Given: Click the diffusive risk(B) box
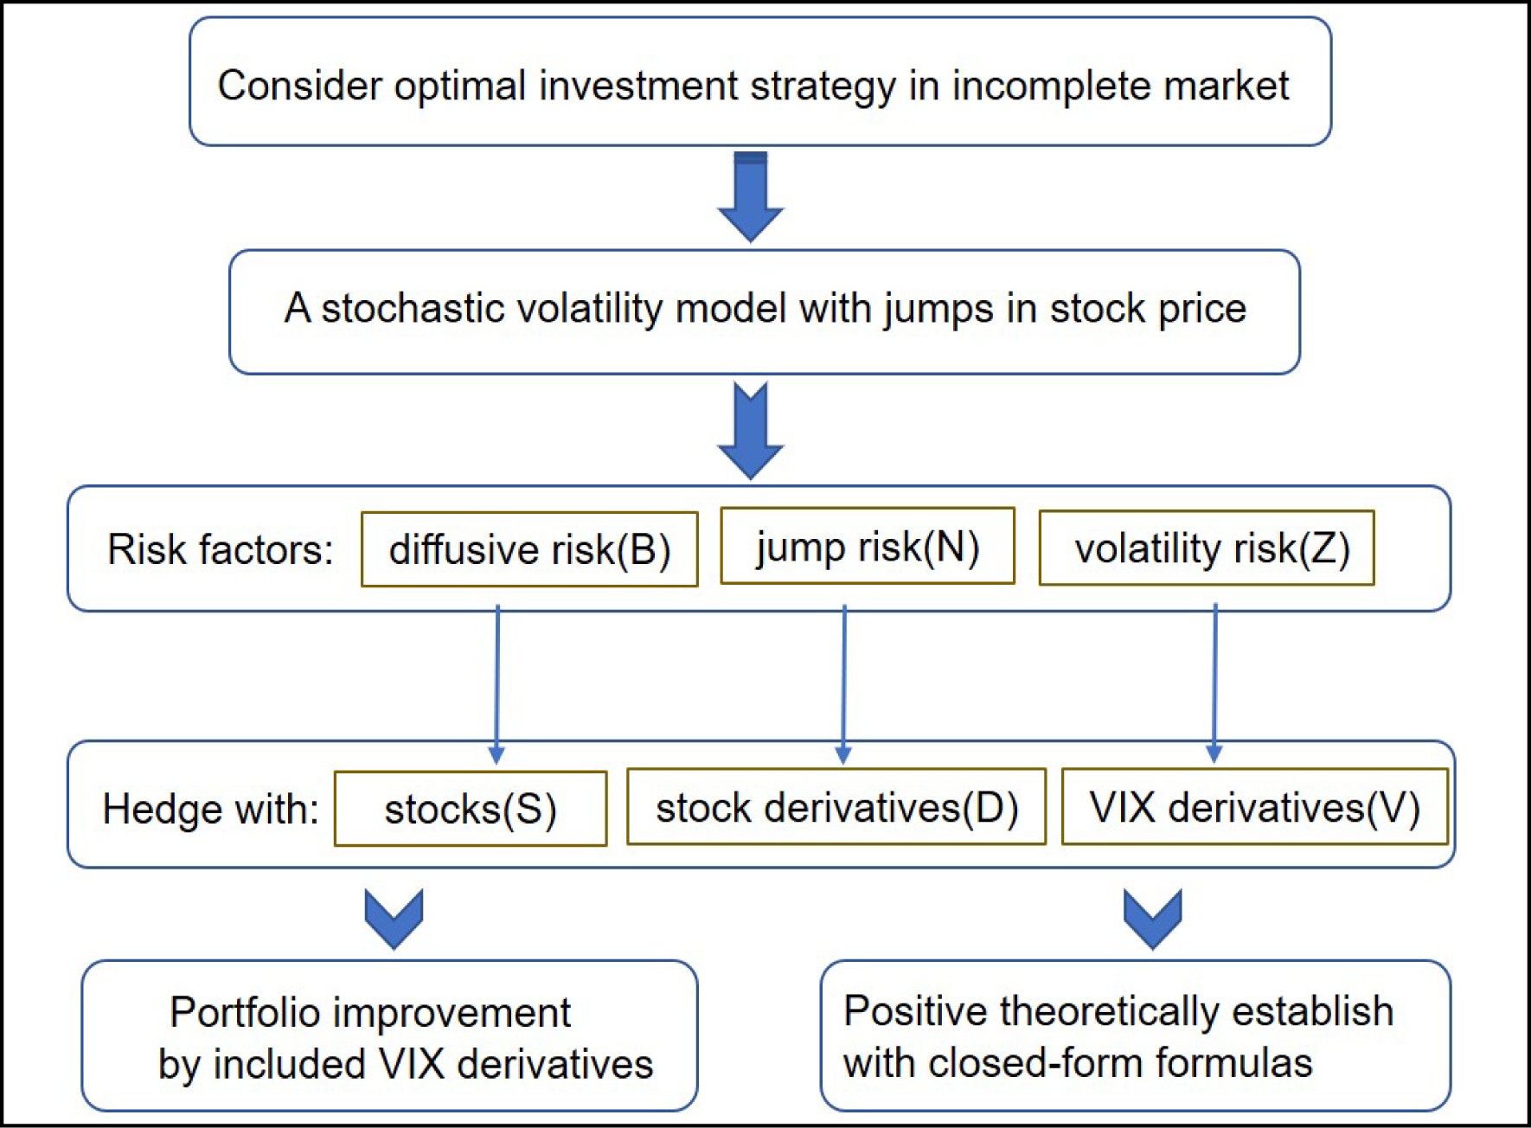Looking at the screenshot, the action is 529,549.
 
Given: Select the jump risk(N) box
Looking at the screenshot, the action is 868,546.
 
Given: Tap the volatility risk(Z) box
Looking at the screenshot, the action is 1207,548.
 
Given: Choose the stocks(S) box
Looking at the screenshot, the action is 471,809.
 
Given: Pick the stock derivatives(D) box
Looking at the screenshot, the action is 836,806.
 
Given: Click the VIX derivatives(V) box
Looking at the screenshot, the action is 1255,806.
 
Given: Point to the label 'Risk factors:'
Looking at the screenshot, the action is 220,549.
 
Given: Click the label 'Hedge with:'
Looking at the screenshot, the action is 210,810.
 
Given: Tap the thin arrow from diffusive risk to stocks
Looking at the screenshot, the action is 497,684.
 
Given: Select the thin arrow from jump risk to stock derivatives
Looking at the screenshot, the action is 844,684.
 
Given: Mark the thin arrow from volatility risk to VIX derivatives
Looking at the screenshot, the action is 1215,683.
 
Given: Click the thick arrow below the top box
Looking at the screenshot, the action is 751,197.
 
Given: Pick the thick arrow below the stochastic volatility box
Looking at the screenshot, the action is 751,431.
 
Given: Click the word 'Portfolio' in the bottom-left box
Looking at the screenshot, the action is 245,1012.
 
